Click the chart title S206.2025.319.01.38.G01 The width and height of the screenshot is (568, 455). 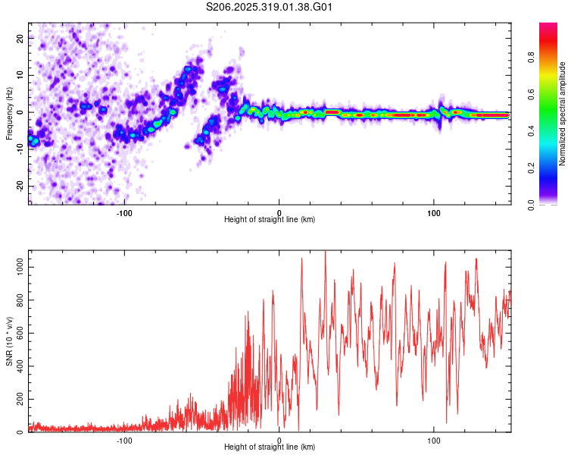click(x=270, y=8)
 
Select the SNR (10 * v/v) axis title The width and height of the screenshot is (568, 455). click(x=8, y=341)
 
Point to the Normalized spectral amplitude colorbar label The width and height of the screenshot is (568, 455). click(x=562, y=115)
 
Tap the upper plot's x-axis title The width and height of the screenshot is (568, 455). click(x=270, y=219)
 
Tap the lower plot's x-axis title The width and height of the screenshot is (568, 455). click(x=270, y=447)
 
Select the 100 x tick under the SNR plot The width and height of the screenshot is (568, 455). click(x=434, y=439)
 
